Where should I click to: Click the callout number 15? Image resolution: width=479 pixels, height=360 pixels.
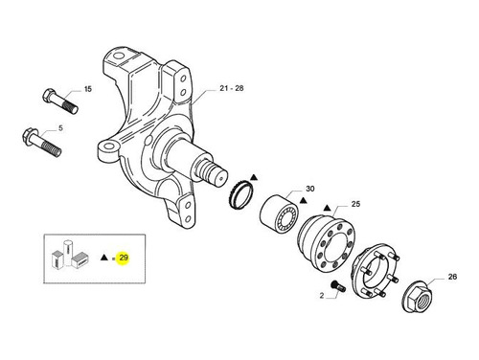pos(88,89)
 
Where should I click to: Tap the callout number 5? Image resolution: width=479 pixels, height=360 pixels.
pos(60,128)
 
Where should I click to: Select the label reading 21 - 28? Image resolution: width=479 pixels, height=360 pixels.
pos(231,88)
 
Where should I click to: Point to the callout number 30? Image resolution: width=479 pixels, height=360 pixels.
pos(310,189)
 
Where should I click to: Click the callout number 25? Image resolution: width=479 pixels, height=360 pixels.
pos(355,204)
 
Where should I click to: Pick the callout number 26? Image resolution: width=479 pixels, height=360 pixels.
pos(452,277)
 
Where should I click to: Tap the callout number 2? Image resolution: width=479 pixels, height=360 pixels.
pos(322,296)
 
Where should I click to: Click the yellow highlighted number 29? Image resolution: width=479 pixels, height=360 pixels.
pos(124,257)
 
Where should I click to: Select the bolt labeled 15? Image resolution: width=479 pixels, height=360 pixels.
pos(60,101)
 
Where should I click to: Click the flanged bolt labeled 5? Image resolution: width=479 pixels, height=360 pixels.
pos(41,143)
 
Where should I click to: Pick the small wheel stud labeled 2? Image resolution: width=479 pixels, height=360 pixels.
pos(338,285)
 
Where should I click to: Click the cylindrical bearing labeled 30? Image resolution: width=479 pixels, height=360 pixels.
pos(280,214)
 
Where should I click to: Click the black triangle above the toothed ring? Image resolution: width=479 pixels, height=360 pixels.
pos(254,177)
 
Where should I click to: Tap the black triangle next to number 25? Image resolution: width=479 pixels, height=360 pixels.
pos(327,208)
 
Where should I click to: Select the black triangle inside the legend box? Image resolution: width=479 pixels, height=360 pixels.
pos(104,258)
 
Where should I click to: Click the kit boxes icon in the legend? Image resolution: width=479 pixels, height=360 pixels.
pos(70,255)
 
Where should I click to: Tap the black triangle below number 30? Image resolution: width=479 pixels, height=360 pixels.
pos(303,201)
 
